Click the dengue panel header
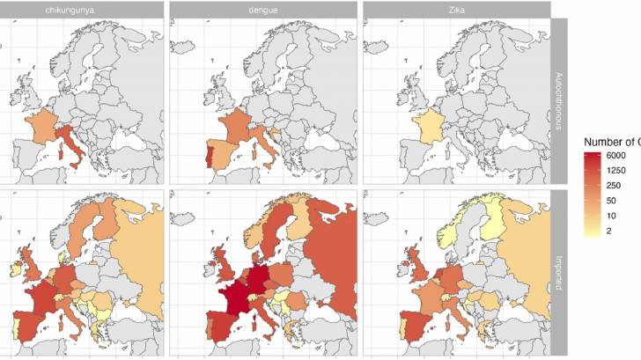262,9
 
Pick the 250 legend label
614,185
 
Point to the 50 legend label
611,201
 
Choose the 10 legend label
611,217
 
